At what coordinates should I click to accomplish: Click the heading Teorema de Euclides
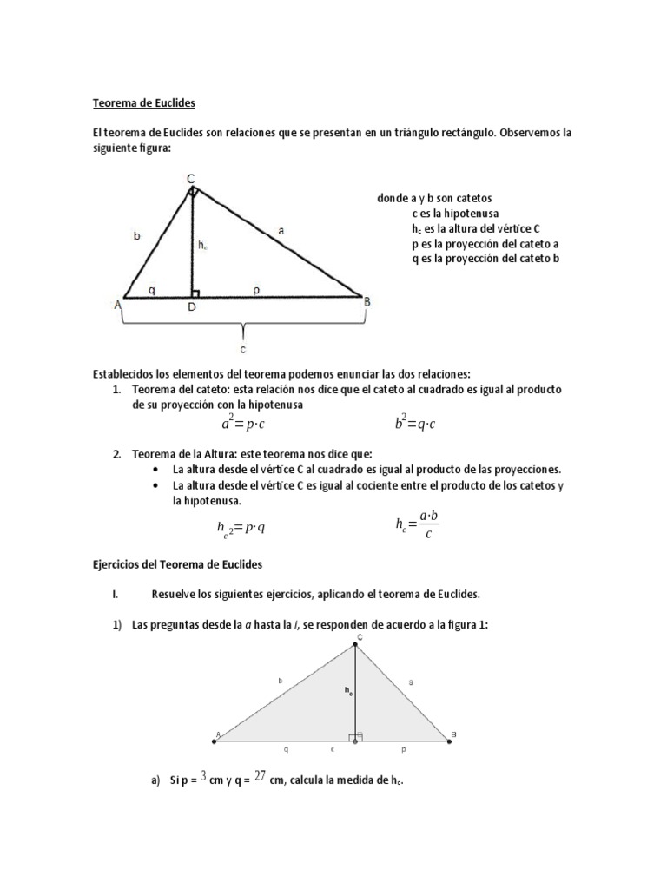point(144,103)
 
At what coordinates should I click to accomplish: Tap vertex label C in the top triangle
point(190,179)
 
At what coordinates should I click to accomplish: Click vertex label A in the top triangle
point(116,304)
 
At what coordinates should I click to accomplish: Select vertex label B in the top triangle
point(367,301)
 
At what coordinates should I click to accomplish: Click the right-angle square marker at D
point(197,293)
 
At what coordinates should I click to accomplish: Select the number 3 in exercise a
point(202,777)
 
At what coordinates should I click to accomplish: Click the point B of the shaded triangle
point(449,740)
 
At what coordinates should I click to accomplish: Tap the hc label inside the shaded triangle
point(347,691)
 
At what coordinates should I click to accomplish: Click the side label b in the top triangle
point(137,236)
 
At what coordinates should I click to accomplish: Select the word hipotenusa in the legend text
point(470,213)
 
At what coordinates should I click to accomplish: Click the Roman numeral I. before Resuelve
point(115,595)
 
